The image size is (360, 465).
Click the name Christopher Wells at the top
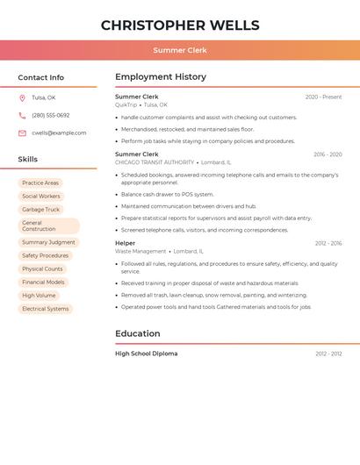pos(180,25)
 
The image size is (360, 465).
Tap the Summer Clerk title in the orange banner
pos(180,50)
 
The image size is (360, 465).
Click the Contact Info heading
pos(40,77)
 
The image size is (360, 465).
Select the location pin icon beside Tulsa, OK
pos(22,97)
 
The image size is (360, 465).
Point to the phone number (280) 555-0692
pos(51,115)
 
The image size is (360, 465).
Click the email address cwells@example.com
pos(59,132)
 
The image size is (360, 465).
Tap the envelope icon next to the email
pos(22,132)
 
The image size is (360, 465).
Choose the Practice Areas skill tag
pos(40,183)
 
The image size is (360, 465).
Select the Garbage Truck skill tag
pos(41,210)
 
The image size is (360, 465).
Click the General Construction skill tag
pos(39,226)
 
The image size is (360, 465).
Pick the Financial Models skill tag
pos(43,283)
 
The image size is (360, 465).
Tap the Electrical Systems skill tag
pos(46,309)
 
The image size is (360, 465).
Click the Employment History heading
pos(162,77)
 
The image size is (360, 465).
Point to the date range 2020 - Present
pos(323,97)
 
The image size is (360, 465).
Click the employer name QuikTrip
pos(126,104)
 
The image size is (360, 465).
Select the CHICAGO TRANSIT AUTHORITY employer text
pos(155,162)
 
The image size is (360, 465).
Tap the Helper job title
pos(126,243)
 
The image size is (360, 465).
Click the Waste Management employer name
pos(140,251)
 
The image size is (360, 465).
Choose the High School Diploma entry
pos(146,354)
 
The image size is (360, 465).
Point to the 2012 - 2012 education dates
pos(328,354)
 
